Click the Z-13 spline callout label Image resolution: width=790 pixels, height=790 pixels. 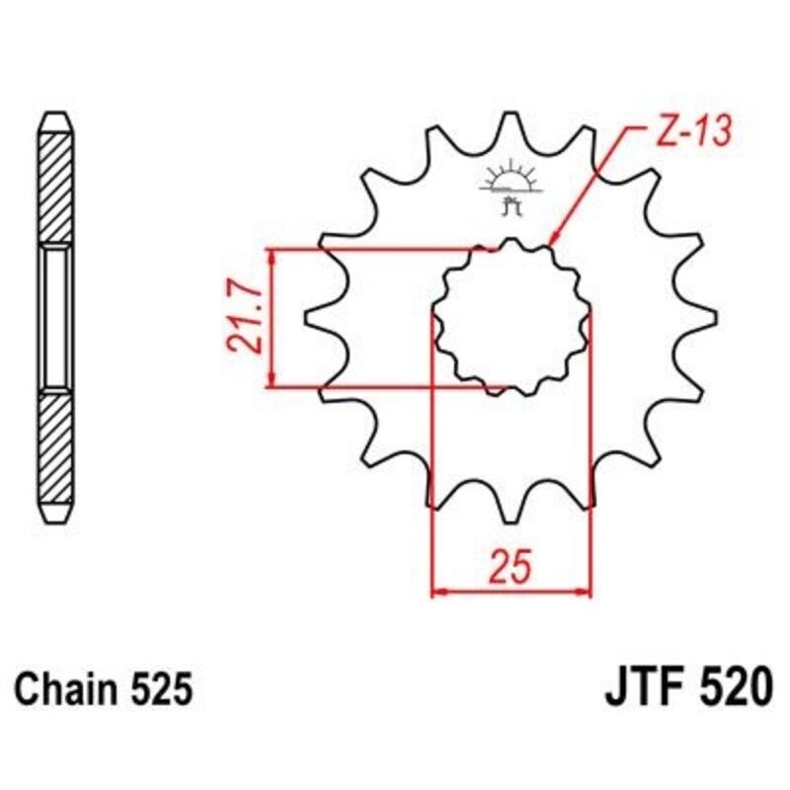pyautogui.click(x=688, y=133)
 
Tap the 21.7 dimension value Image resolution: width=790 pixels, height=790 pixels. pyautogui.click(x=244, y=317)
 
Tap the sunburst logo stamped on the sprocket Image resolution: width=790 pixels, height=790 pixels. pyautogui.click(x=510, y=179)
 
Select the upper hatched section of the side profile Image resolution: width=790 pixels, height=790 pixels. pyautogui.click(x=55, y=188)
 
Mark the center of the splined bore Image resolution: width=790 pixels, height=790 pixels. pyautogui.click(x=511, y=317)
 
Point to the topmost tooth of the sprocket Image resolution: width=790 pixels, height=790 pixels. pyautogui.click(x=511, y=119)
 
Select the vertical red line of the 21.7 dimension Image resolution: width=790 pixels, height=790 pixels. pyautogui.click(x=272, y=317)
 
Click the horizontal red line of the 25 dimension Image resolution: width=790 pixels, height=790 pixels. pyautogui.click(x=511, y=593)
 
